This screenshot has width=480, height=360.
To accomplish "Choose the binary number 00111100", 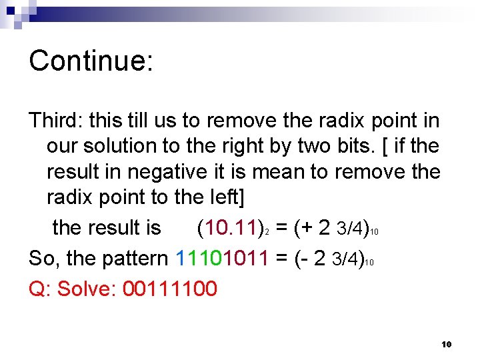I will pos(170,289).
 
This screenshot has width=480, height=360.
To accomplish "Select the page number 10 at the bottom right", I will pos(447,344).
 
